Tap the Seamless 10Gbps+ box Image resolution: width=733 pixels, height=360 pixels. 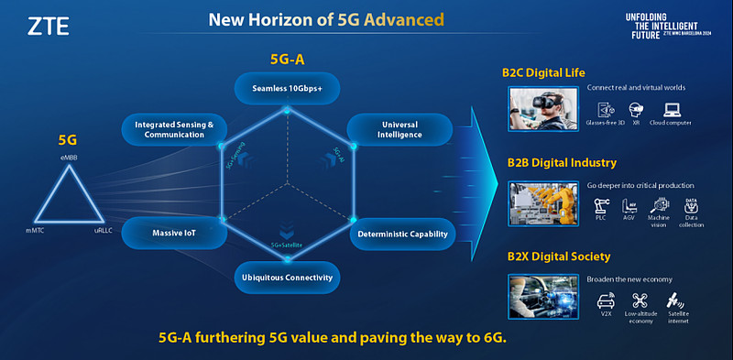[x=287, y=89]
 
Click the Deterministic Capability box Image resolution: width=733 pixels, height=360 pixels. [x=402, y=235]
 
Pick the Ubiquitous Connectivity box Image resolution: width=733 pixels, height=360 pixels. [x=286, y=277]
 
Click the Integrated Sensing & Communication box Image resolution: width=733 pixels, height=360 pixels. [x=174, y=129]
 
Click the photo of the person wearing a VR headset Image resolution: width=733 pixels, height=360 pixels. [x=541, y=108]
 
